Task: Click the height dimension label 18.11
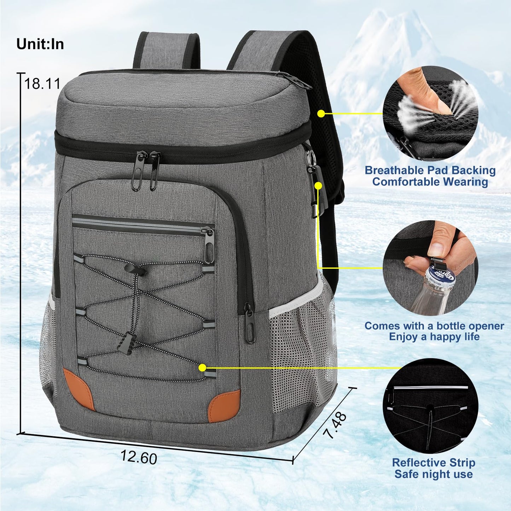tap(42, 84)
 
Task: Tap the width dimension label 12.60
tap(139, 457)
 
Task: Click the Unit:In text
tap(40, 44)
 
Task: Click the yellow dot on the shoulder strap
tap(321, 114)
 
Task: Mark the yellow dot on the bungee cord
tap(202, 368)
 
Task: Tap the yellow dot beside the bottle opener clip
tap(318, 185)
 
